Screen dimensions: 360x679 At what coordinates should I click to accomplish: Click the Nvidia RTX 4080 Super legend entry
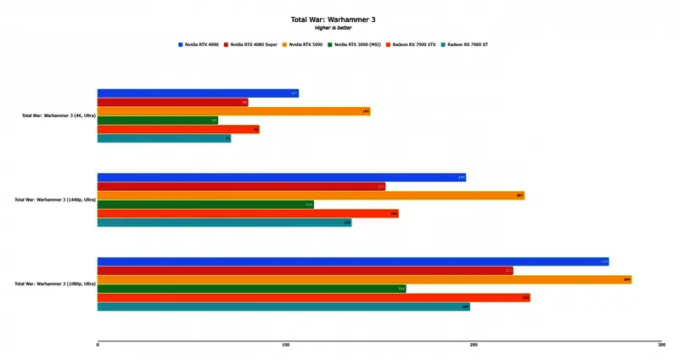(250, 44)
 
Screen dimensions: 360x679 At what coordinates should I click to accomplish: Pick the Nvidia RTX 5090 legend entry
(304, 44)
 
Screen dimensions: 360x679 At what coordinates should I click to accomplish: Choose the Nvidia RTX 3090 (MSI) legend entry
(355, 44)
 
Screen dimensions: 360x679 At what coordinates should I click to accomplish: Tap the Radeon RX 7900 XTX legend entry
(411, 44)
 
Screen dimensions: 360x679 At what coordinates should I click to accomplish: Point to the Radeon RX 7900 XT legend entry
(465, 44)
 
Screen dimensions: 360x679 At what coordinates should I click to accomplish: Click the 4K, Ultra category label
(59, 115)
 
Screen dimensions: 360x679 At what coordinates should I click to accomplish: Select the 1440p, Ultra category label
(55, 200)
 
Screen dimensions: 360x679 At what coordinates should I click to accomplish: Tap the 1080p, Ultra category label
(55, 284)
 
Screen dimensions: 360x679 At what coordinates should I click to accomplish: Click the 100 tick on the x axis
(286, 345)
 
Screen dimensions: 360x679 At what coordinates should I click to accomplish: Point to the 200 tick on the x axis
(474, 345)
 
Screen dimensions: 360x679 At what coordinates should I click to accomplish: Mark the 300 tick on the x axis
(660, 345)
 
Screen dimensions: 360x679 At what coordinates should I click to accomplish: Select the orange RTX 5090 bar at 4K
(233, 111)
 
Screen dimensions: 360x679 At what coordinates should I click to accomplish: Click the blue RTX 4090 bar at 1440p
(281, 177)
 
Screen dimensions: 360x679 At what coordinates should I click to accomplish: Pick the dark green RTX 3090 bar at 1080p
(251, 289)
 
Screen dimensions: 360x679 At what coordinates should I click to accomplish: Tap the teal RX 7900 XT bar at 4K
(164, 138)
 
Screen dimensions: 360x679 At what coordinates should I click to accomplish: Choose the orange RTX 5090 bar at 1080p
(364, 279)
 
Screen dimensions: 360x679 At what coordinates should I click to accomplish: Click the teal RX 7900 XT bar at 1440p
(224, 222)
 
